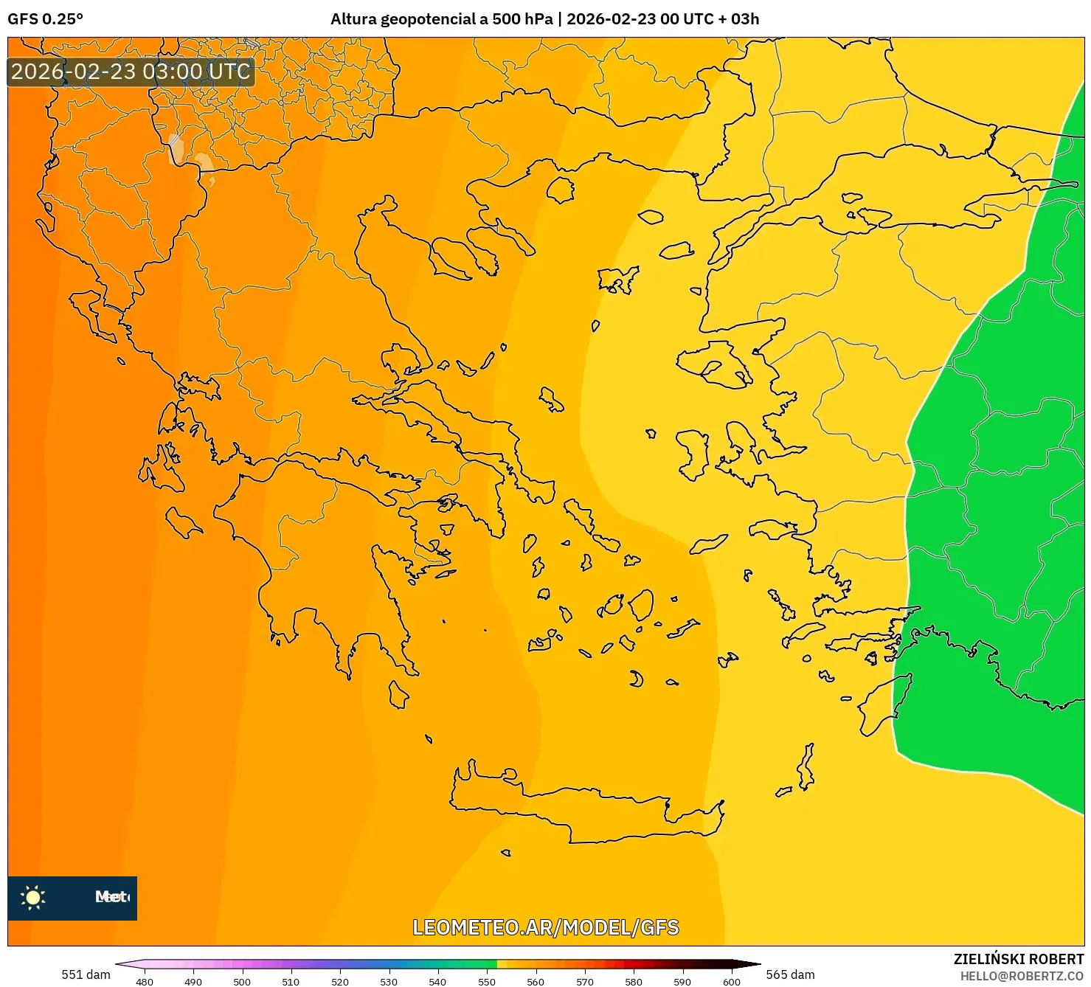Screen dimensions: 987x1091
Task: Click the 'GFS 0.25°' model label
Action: point(45,19)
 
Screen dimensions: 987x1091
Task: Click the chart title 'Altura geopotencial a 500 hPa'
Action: point(441,19)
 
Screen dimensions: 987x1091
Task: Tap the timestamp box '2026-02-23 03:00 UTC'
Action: point(131,72)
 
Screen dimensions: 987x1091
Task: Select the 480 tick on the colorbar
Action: point(145,981)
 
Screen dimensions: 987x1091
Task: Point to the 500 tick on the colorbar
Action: point(242,981)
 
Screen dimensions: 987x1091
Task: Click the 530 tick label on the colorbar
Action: point(389,981)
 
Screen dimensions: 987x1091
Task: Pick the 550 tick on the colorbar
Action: point(487,981)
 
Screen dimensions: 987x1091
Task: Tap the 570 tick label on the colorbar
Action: point(585,981)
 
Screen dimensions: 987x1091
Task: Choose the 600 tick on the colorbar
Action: point(731,981)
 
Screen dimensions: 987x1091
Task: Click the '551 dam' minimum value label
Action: point(86,974)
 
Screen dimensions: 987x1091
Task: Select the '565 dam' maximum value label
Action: point(790,974)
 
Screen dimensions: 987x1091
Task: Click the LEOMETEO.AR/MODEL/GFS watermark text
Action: point(545,927)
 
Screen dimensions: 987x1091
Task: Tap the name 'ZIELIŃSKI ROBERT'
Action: point(1018,959)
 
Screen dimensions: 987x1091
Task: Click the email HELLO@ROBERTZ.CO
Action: point(1022,976)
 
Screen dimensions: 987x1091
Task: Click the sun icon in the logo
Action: point(33,897)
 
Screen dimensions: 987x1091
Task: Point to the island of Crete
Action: point(583,811)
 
